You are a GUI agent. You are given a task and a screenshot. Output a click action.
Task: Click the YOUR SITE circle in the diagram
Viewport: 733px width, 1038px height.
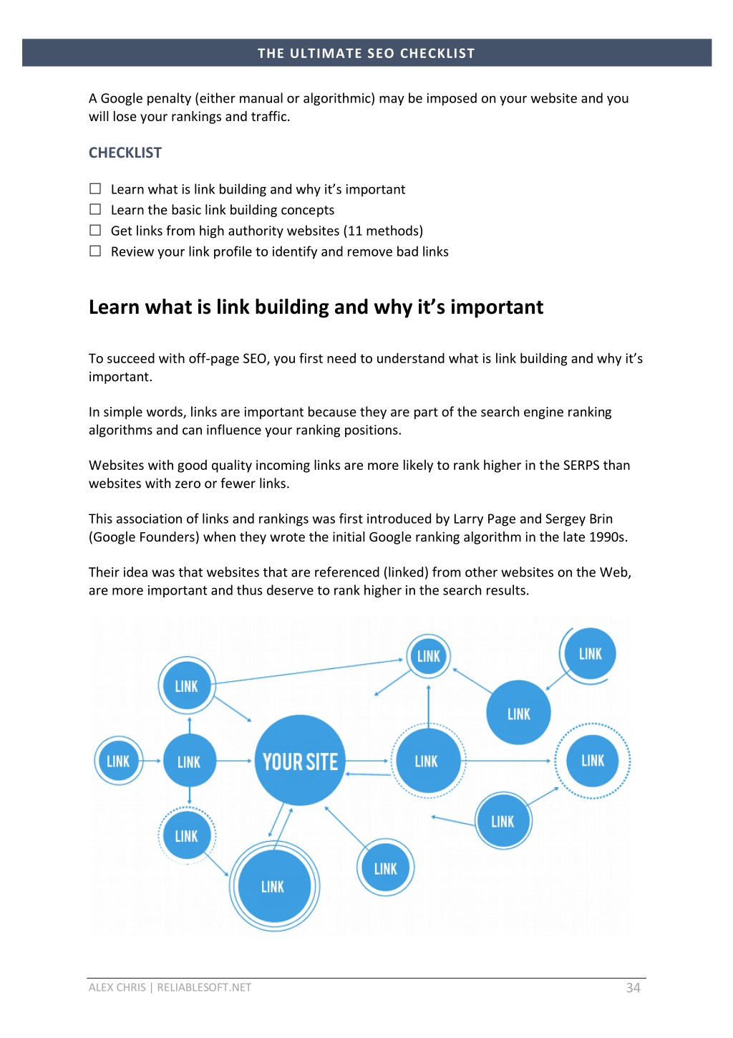click(300, 760)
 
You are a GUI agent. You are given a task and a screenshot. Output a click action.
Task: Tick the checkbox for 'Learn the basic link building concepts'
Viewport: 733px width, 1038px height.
click(95, 209)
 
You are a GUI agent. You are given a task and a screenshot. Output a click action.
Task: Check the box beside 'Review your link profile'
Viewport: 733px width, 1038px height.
click(95, 251)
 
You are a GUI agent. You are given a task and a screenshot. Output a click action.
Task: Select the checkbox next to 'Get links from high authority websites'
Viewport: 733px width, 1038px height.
click(95, 230)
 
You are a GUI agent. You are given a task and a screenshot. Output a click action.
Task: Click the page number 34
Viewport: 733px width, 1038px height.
click(633, 987)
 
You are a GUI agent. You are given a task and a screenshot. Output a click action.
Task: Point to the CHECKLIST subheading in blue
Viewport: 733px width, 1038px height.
click(125, 153)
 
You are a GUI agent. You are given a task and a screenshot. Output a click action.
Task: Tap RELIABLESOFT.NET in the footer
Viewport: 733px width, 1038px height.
click(204, 987)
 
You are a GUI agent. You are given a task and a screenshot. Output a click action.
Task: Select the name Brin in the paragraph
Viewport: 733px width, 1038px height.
click(601, 519)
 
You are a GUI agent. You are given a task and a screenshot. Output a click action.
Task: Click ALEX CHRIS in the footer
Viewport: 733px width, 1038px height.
click(117, 987)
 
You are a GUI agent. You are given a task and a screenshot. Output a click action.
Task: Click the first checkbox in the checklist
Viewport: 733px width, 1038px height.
click(95, 188)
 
